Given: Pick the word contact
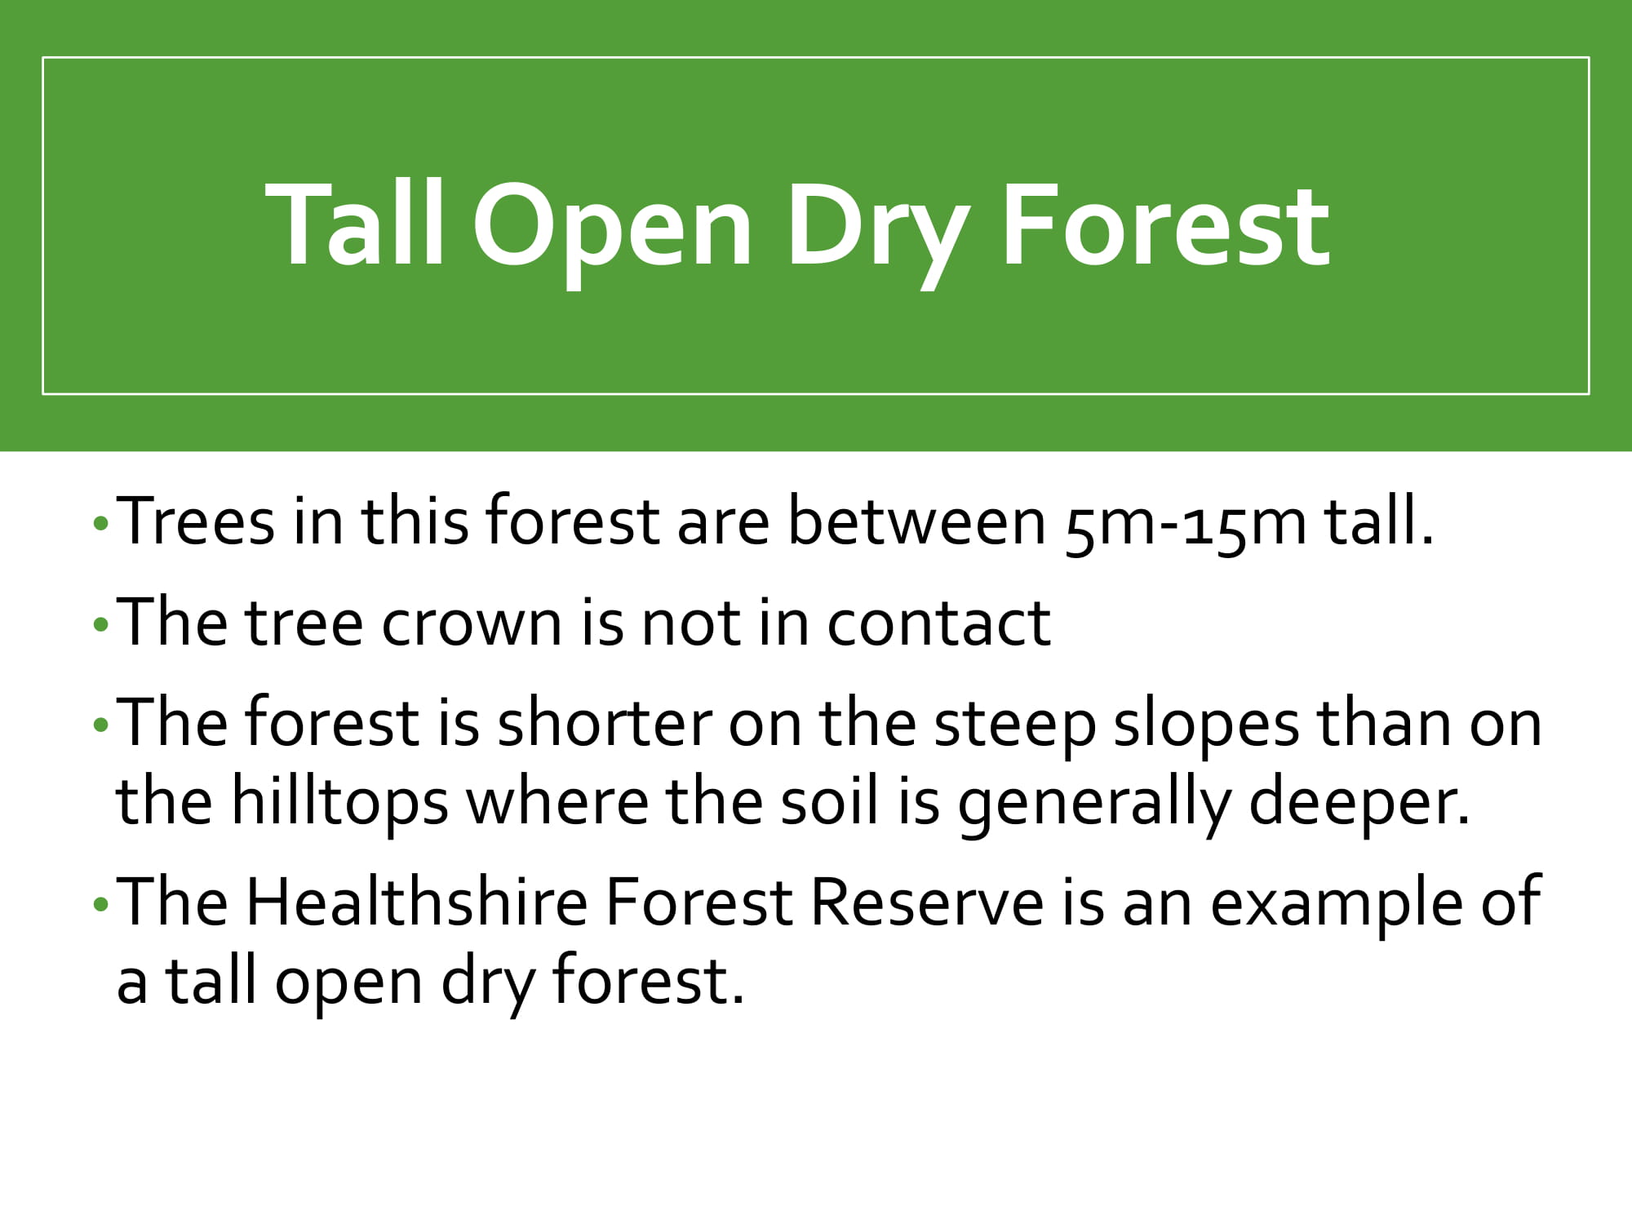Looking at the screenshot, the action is coord(938,623).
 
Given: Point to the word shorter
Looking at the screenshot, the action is coord(605,722).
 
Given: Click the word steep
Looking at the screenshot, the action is coord(1014,728).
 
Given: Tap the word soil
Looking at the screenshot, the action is coord(830,800).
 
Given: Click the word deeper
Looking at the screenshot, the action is coord(1359,804).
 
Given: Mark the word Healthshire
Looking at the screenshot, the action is coord(417,902).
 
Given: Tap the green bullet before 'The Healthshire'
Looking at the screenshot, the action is coord(100,904).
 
